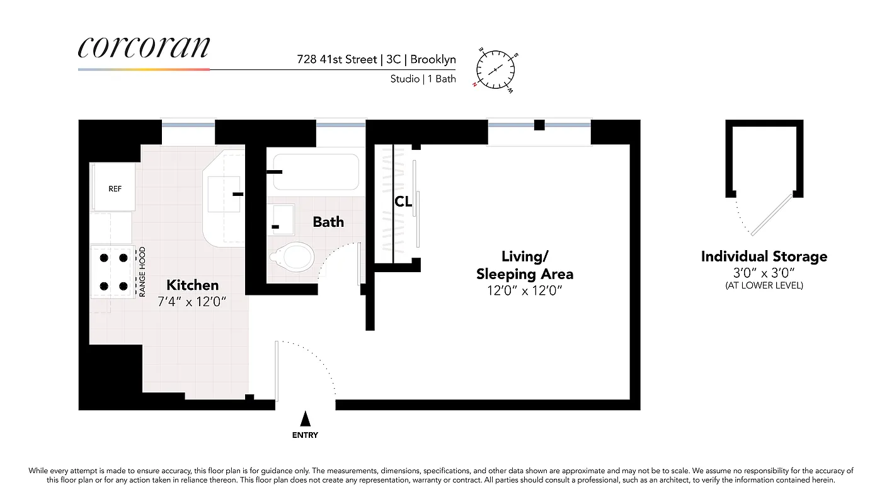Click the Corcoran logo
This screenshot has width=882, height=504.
click(x=144, y=48)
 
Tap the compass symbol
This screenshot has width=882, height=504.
click(x=496, y=68)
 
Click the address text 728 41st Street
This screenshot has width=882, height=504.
click(x=337, y=60)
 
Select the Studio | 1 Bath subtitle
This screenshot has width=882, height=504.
click(x=423, y=79)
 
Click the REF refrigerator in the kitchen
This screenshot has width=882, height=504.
click(x=115, y=188)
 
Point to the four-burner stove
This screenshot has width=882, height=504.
click(x=113, y=272)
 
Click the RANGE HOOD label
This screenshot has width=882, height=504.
click(x=142, y=272)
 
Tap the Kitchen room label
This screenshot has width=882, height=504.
click(x=193, y=285)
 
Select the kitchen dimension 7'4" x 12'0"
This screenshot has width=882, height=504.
click(x=192, y=301)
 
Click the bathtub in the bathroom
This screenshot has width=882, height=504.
click(x=315, y=171)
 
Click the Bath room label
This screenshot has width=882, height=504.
click(x=328, y=222)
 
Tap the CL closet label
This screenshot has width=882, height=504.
click(x=403, y=202)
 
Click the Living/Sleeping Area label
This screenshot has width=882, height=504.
click(x=525, y=265)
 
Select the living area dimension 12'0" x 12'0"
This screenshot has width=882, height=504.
click(x=525, y=290)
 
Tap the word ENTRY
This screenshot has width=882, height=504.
click(x=305, y=435)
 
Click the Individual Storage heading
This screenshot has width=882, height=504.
click(x=764, y=256)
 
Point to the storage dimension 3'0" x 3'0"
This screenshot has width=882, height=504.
click(x=764, y=273)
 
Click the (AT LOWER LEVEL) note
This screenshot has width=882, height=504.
click(x=764, y=285)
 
